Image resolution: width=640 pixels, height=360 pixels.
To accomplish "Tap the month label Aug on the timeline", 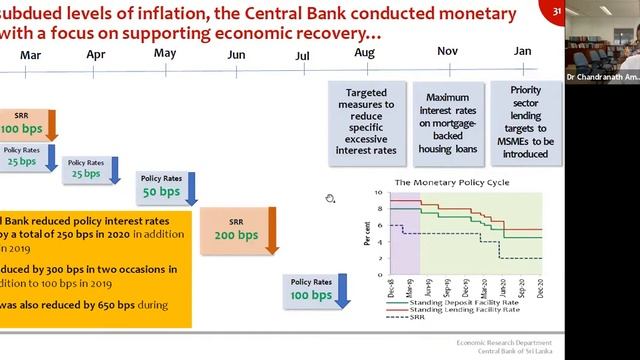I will (365, 52).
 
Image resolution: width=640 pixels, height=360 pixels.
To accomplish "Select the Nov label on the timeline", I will (447, 51).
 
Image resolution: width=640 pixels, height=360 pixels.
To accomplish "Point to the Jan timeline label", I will (522, 51).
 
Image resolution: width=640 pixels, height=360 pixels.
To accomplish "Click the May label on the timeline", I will (165, 52).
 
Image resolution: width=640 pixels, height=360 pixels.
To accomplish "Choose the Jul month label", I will (302, 56).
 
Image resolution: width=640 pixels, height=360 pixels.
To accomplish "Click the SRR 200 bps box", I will (235, 229).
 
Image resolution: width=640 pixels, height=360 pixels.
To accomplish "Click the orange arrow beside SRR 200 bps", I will (276, 231).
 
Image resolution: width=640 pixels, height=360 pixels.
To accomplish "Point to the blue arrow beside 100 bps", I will (342, 293).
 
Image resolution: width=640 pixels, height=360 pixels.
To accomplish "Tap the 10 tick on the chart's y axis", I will (379, 192).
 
